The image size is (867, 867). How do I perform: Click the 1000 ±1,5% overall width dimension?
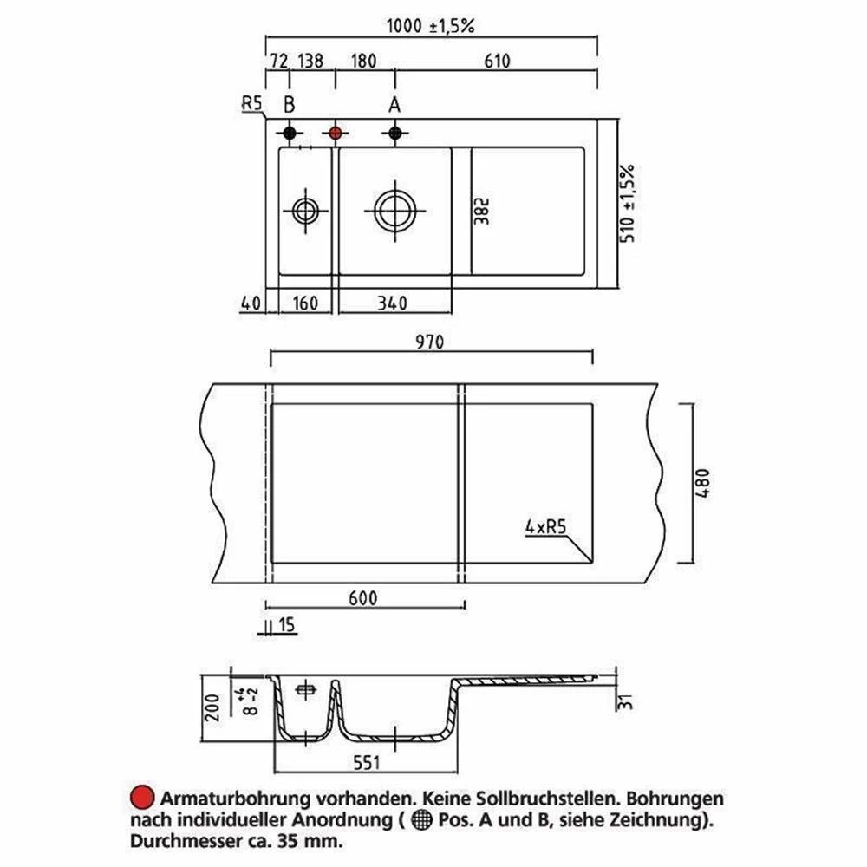pos(430,25)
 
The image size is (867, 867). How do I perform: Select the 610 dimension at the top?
pos(497,61)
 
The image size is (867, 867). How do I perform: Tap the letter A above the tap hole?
pos(394,104)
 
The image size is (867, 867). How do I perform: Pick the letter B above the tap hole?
pos(290,104)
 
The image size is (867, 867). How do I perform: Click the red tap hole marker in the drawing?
pos(335,134)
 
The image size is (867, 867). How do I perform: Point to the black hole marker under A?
pos(394,134)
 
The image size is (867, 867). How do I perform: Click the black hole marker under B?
pos(290,134)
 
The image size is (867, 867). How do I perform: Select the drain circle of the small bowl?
pos(305,212)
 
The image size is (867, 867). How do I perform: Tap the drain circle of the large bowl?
pos(394,212)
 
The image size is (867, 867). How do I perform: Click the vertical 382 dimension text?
pos(482,212)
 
